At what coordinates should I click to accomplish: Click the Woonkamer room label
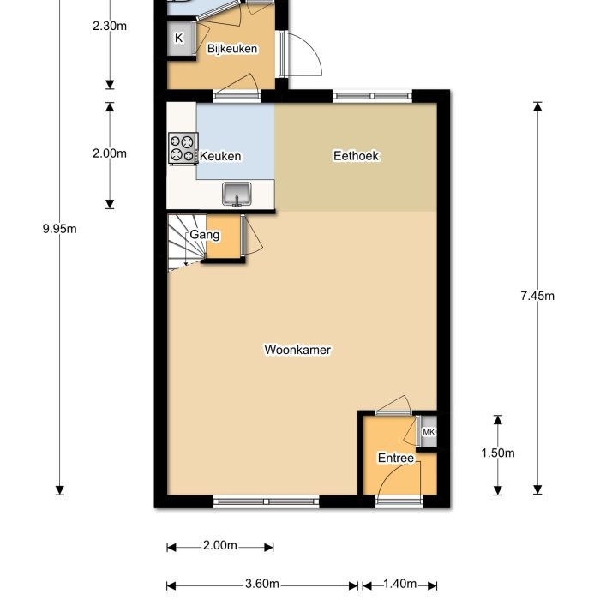pyautogui.click(x=297, y=350)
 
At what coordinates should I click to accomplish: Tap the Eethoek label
pyautogui.click(x=356, y=156)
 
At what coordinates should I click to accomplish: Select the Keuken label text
pyautogui.click(x=220, y=157)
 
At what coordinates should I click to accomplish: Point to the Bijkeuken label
pyautogui.click(x=232, y=50)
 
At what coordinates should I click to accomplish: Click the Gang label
pyautogui.click(x=200, y=233)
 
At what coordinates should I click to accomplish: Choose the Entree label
pyautogui.click(x=396, y=459)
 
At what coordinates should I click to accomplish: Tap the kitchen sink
pyautogui.click(x=237, y=195)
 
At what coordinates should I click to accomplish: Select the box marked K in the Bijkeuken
pyautogui.click(x=179, y=39)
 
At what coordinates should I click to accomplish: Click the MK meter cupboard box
pyautogui.click(x=429, y=433)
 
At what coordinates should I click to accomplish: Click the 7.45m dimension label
pyautogui.click(x=537, y=297)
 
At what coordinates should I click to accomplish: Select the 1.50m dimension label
pyautogui.click(x=498, y=453)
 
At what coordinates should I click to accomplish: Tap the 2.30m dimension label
pyautogui.click(x=110, y=26)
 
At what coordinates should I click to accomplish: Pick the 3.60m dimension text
pyautogui.click(x=261, y=585)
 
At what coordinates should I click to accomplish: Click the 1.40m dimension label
pyautogui.click(x=399, y=585)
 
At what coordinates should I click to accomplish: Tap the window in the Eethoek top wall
pyautogui.click(x=371, y=96)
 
